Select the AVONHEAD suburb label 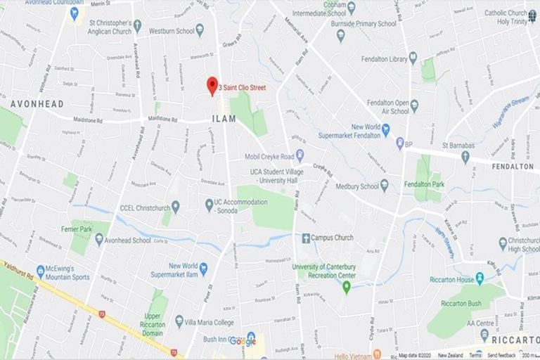(37, 104)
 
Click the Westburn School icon (200, 30)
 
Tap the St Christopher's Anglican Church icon (137, 26)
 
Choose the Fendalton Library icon (413, 58)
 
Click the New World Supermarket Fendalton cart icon (385, 129)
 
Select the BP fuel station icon (399, 143)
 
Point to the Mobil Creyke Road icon (300, 156)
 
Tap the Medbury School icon (384, 186)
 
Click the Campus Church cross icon (306, 238)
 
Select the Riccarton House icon (480, 279)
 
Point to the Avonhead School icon (99, 240)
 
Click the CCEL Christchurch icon (175, 206)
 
